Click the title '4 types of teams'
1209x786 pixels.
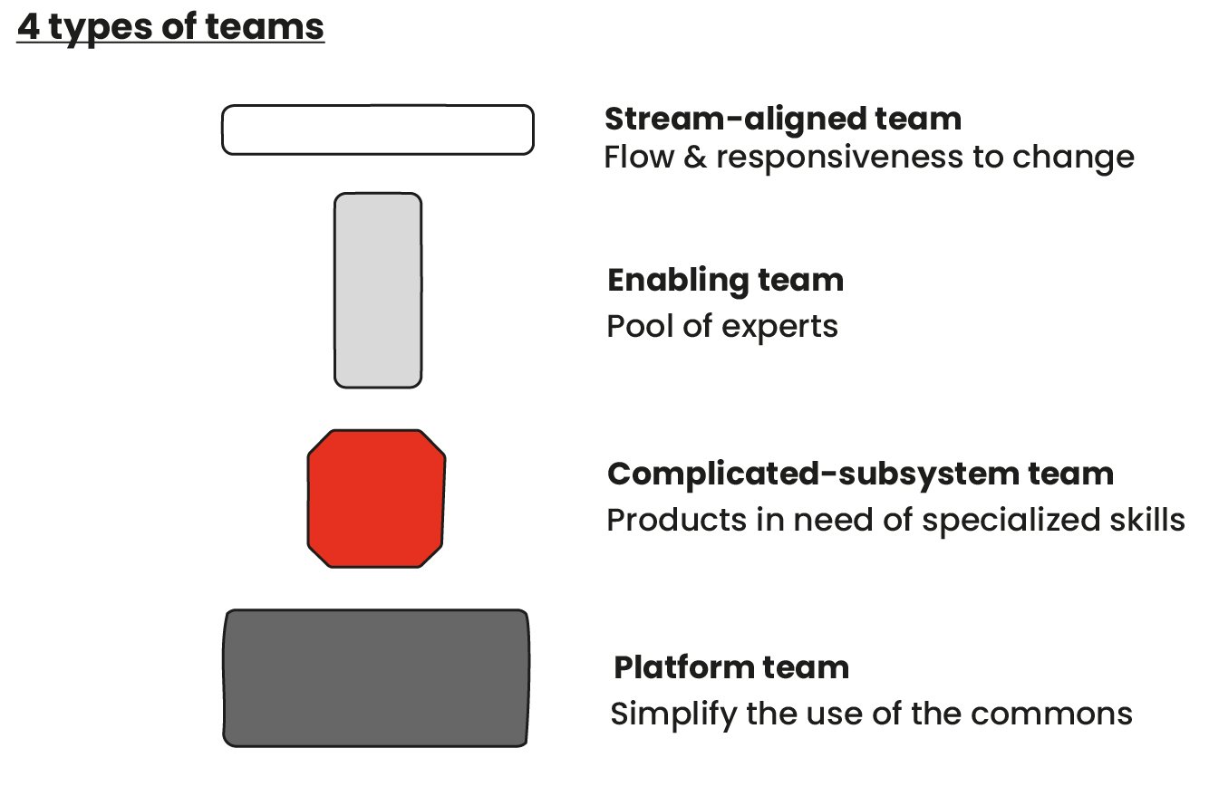tap(170, 27)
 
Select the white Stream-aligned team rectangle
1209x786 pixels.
tap(377, 129)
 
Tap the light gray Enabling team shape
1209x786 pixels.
tap(378, 290)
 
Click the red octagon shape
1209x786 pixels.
tap(376, 499)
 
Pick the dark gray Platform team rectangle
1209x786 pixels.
tap(376, 678)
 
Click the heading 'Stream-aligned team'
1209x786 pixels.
tap(782, 119)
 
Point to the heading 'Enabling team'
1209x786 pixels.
tap(725, 280)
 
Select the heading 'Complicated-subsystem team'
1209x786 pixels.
tap(859, 474)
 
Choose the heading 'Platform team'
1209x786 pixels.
tap(730, 667)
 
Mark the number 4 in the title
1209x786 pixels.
tap(28, 27)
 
